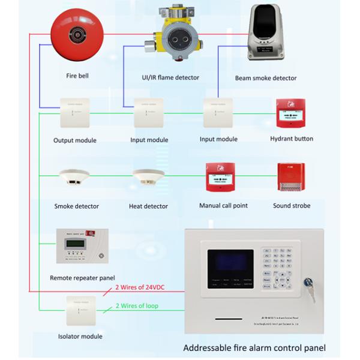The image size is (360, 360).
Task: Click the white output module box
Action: pos(74,113)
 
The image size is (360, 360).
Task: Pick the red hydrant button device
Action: pos(292,112)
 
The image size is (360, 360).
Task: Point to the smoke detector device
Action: pos(74,178)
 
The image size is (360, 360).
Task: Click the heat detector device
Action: pos(148,178)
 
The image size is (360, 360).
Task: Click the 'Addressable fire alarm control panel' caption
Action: pos(254,347)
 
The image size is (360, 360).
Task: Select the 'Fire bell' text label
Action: pos(78,76)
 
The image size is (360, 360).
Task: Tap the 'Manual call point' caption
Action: pos(223,205)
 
